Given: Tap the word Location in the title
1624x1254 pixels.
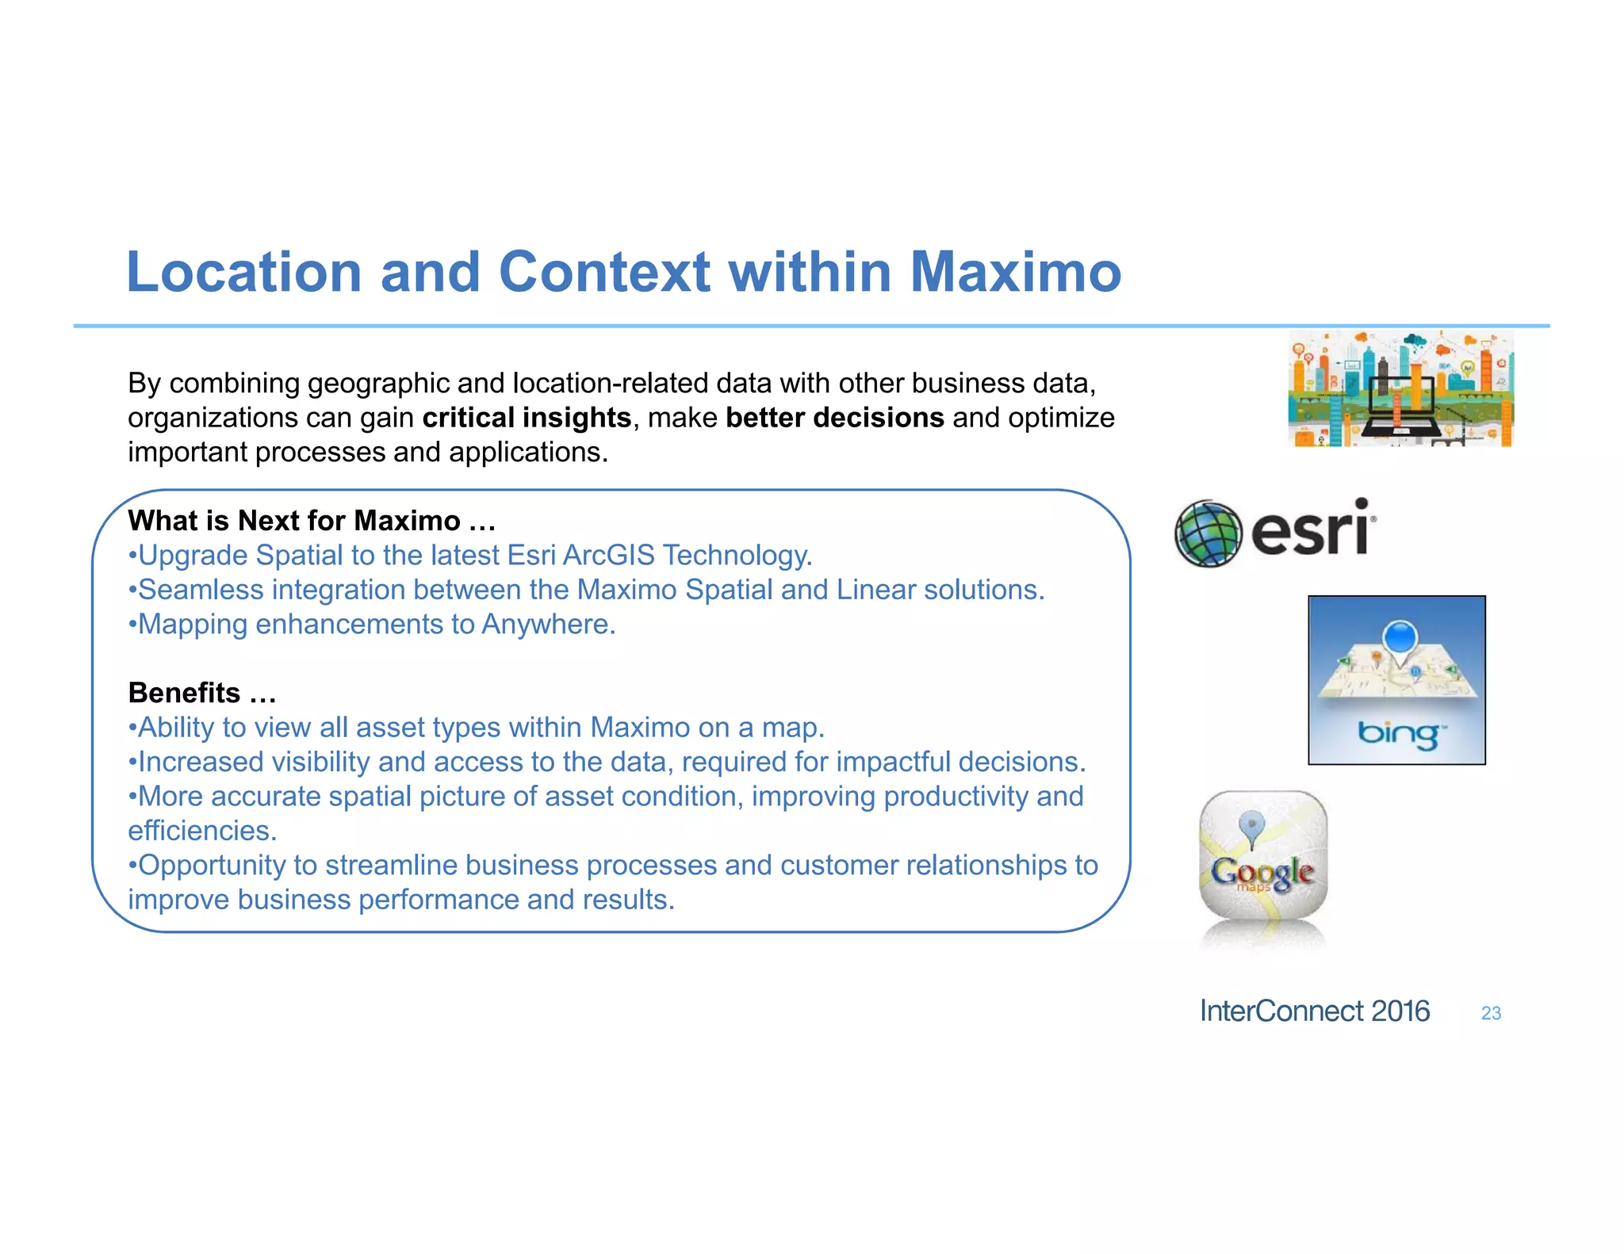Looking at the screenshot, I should pos(244,272).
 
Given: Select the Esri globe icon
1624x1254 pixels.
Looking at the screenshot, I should pos(1208,533).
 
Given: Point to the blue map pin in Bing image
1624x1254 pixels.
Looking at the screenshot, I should pos(1400,639).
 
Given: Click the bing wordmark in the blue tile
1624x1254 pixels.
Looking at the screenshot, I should pos(1397,733).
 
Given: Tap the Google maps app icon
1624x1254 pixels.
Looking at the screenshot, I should pos(1263,856).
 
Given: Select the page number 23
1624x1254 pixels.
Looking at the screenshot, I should pos(1491,1013).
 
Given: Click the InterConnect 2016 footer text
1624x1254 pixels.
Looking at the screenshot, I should pos(1314,1011).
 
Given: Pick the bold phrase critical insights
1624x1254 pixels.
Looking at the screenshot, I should pos(527,418).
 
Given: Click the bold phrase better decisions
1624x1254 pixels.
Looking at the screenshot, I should pos(834,418).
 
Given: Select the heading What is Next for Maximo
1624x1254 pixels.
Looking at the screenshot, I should pos(311,521).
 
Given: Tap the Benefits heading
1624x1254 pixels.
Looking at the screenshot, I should pos(201,693).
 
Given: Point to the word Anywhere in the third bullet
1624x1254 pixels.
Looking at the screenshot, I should pos(548,625).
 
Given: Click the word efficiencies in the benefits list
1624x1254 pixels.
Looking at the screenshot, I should pos(202,831).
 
